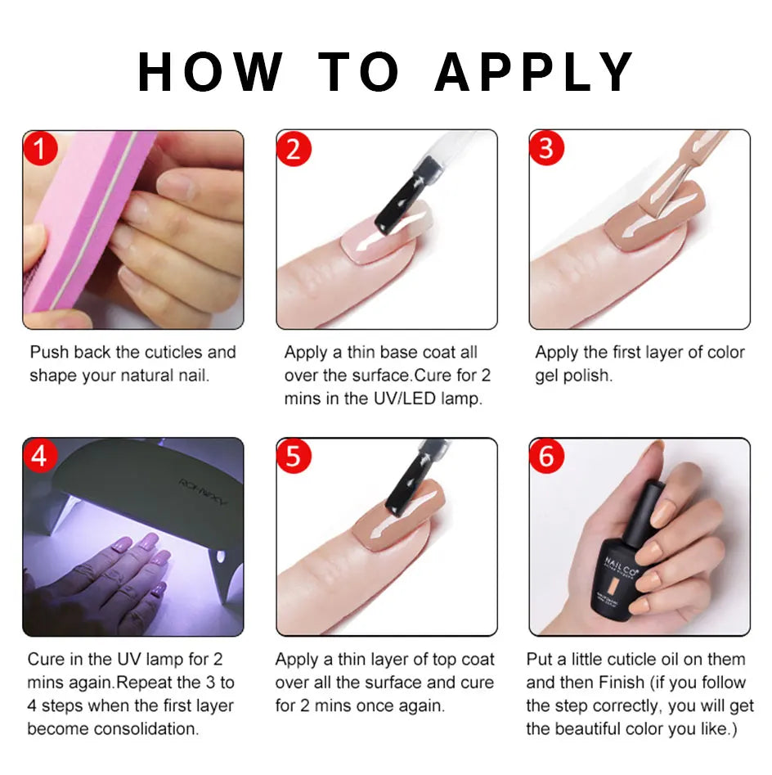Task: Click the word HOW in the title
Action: tap(210, 72)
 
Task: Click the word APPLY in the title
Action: tap(534, 72)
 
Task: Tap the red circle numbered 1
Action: tap(40, 148)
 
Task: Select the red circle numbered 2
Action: tap(294, 148)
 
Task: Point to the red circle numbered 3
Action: tap(546, 148)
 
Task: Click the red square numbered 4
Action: tap(39, 456)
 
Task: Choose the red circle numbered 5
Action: tap(294, 457)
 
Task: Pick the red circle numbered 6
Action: tap(546, 457)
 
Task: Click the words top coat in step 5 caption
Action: tap(454, 660)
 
